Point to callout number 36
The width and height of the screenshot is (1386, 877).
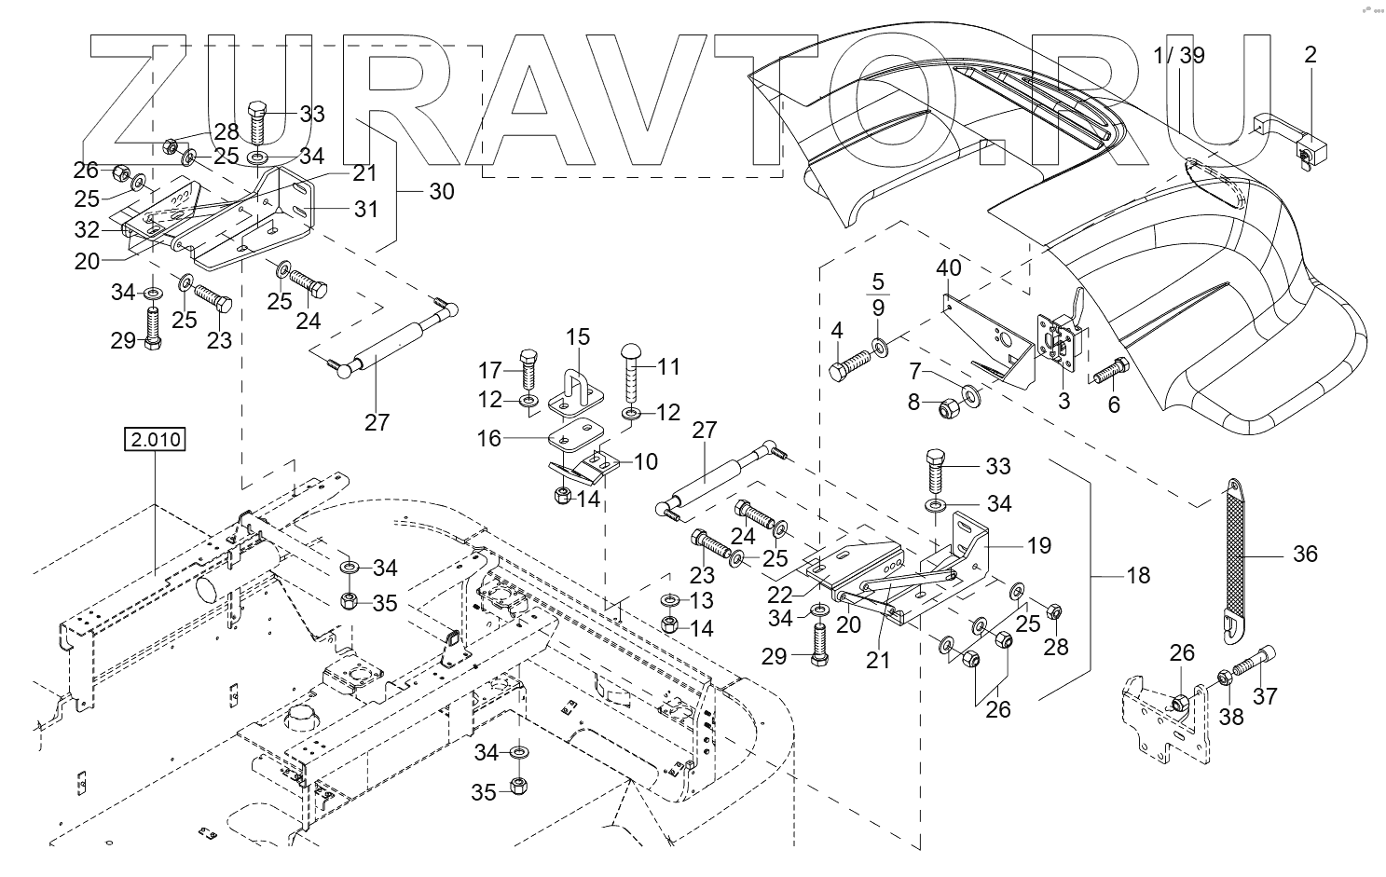pyautogui.click(x=1305, y=554)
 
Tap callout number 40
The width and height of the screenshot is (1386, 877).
pyautogui.click(x=948, y=268)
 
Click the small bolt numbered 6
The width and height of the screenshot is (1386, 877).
pyautogui.click(x=1111, y=374)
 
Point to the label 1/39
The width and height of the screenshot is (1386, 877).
pyautogui.click(x=1178, y=56)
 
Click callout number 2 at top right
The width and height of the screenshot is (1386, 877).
pyautogui.click(x=1310, y=55)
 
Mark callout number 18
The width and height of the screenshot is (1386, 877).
pyautogui.click(x=1138, y=575)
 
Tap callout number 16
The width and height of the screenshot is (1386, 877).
pyautogui.click(x=489, y=438)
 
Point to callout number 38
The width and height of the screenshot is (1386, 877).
pyautogui.click(x=1232, y=717)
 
